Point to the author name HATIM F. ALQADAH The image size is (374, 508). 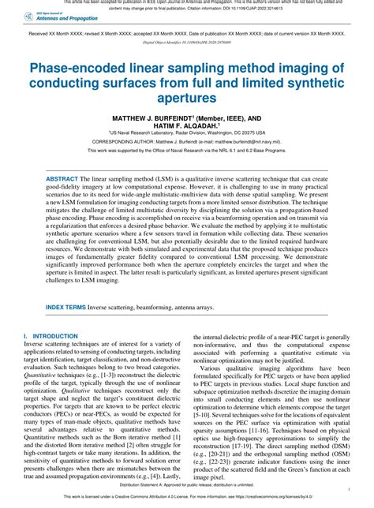pyautogui.click(x=185, y=125)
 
